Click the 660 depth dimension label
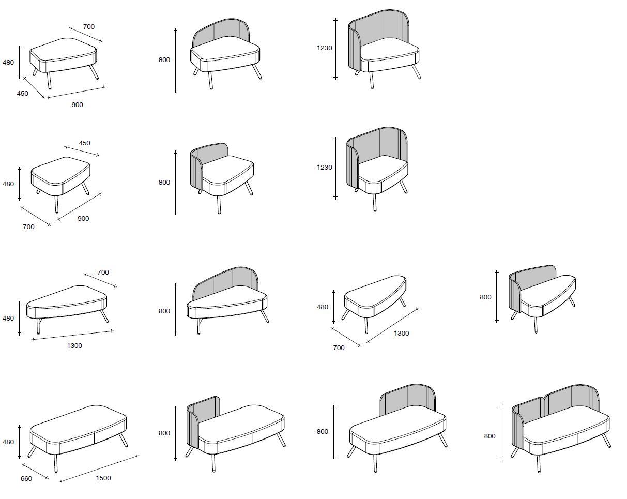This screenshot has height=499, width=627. click(26, 479)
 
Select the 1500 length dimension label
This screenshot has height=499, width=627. click(103, 478)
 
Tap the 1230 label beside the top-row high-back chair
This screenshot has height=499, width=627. click(325, 48)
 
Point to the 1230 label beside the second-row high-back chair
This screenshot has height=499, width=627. click(325, 168)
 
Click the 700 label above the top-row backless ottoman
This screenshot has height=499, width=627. click(89, 26)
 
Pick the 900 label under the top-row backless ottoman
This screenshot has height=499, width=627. click(77, 104)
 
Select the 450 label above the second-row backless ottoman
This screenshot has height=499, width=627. click(84, 143)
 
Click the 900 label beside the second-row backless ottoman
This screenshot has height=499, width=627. click(83, 219)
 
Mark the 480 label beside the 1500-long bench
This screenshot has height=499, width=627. click(8, 442)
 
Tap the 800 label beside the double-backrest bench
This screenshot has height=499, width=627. click(490, 436)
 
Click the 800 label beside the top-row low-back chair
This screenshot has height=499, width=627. click(164, 60)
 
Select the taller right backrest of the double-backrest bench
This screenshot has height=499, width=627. click(571, 399)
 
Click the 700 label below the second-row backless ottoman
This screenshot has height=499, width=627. click(28, 227)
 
